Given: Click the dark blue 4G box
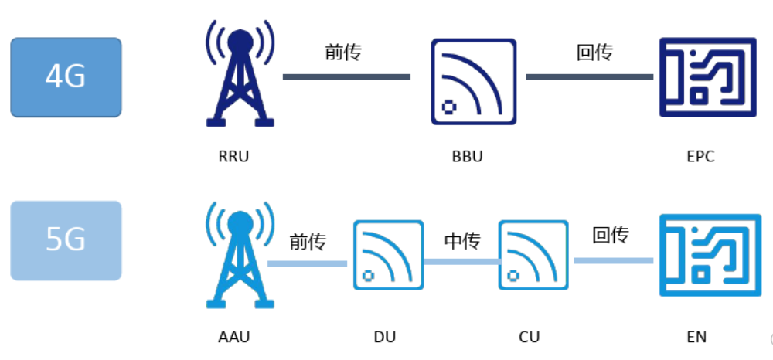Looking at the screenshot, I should coord(66,77).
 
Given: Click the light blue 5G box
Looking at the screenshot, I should coord(66,240).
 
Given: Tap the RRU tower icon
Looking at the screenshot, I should coord(240,77).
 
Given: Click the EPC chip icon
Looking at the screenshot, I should coord(707,77).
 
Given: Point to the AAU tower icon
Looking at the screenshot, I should coord(240,259).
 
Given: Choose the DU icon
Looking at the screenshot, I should coord(388,255).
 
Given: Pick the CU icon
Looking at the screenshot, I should coord(533,255).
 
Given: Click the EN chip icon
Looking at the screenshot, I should coord(707,255).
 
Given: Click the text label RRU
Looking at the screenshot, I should coord(234,156).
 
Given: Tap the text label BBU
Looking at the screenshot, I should coord(467,156).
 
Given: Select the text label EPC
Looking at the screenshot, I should coord(700,156).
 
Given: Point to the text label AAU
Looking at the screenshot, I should coord(234,337).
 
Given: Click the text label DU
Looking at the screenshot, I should coord(384,337).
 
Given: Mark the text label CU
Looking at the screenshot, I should coord(530,337).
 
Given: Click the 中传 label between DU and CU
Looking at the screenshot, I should coord(462,241).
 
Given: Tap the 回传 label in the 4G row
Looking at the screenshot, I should coord(594,53).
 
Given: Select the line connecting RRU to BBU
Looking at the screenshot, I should coord(346,77).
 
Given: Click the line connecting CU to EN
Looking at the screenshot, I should coord(614,261).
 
